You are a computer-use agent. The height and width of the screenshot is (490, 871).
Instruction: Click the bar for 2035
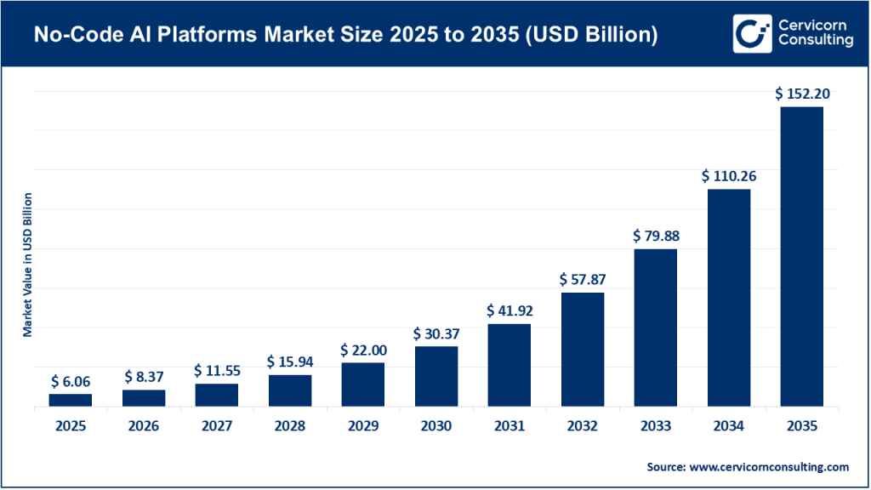point(801,256)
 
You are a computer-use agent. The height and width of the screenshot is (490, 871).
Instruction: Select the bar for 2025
point(70,400)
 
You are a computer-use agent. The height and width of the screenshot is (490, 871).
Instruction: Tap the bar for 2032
point(582,350)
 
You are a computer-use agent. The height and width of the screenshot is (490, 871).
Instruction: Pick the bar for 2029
point(362,385)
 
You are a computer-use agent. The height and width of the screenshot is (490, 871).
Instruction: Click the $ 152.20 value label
point(801,94)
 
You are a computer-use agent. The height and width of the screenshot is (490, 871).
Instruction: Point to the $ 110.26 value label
point(729,176)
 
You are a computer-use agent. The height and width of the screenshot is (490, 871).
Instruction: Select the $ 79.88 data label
point(655,236)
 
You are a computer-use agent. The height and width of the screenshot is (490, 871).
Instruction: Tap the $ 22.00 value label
point(362,350)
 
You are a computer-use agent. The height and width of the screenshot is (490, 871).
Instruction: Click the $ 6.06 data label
point(70,380)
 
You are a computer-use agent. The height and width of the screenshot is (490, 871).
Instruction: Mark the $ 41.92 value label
point(509,311)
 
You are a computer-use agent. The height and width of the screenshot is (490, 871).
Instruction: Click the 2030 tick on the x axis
point(435,426)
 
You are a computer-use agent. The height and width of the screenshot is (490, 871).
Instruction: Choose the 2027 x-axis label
point(216,426)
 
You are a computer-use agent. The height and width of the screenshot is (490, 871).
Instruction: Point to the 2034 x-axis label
point(729,426)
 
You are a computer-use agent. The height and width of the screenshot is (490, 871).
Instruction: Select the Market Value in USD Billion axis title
point(27,265)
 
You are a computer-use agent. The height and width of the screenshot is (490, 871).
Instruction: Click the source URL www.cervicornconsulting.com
point(768,467)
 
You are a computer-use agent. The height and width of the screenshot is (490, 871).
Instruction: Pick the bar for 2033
point(655,328)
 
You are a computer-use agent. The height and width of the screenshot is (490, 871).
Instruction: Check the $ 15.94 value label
point(289,362)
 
